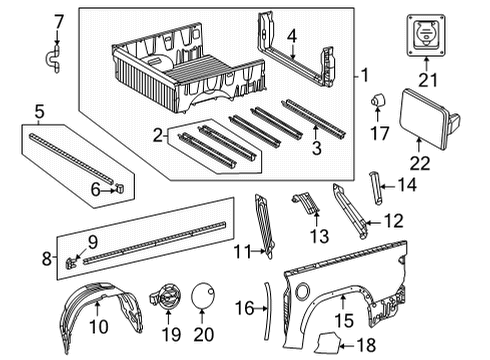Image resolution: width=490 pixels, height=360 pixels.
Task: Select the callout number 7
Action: (57, 19)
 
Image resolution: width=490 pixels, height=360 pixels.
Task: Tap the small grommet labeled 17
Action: (379, 100)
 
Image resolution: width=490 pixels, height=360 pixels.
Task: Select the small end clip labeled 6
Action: (119, 184)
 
